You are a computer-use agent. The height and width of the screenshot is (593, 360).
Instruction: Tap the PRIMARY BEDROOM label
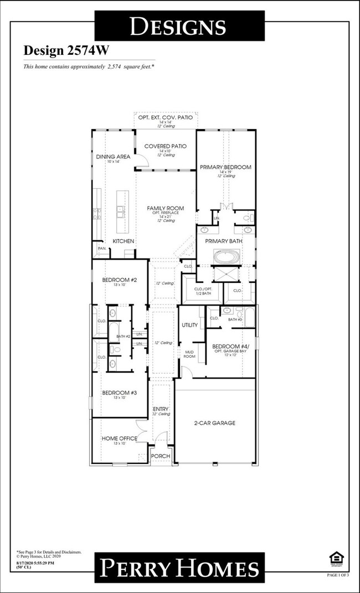225,167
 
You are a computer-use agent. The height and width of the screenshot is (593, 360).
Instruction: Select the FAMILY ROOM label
165,208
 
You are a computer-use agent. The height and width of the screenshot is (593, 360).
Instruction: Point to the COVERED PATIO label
165,146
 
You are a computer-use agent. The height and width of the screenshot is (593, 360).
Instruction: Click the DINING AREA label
113,157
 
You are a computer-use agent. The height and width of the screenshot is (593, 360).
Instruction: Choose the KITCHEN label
124,241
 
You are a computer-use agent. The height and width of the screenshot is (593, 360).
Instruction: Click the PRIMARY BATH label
225,241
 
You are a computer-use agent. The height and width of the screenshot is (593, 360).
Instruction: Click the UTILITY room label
190,325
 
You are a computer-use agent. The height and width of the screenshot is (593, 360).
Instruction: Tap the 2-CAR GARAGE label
215,423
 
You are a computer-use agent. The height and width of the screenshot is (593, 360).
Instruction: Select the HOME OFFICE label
119,439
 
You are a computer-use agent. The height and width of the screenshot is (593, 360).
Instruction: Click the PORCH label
161,456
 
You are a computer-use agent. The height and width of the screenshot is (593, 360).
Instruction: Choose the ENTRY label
161,409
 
